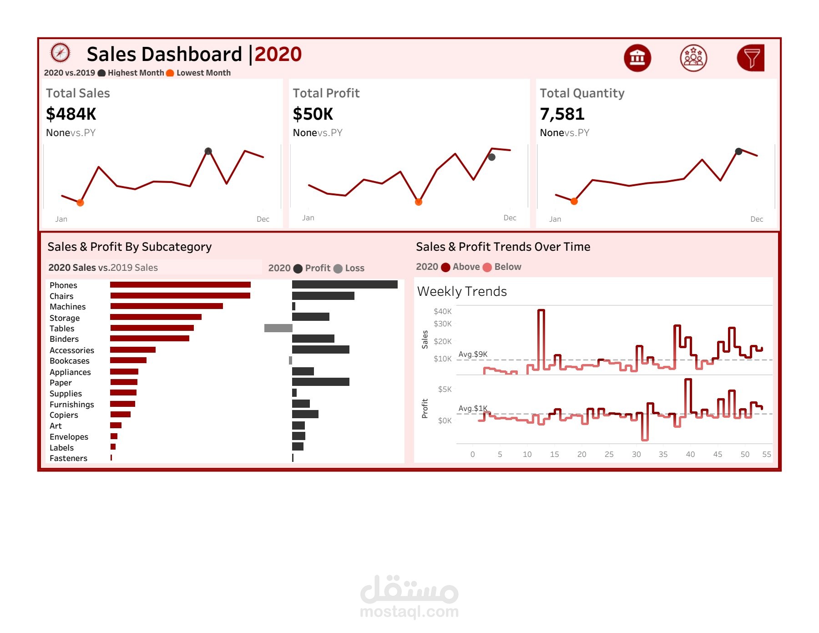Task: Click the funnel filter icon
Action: [x=751, y=58]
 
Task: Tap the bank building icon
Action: [x=637, y=58]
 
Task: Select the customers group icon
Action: [x=693, y=58]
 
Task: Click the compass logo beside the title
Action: [x=60, y=53]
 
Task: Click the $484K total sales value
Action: [x=71, y=114]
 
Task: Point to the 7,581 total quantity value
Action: [x=562, y=114]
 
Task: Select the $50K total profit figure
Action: [x=313, y=114]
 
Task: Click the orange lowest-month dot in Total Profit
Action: [x=419, y=202]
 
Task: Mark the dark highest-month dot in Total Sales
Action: [x=208, y=151]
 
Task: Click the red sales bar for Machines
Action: [x=167, y=306]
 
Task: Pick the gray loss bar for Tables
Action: [x=278, y=328]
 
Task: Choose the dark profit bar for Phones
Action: [x=344, y=284]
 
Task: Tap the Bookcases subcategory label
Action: [x=70, y=361]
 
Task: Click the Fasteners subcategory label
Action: [x=68, y=458]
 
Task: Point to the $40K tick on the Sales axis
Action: [x=442, y=311]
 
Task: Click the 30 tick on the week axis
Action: [x=636, y=454]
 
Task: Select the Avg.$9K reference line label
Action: [x=473, y=354]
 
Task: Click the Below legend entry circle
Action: [x=487, y=267]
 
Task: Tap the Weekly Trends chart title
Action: [x=462, y=291]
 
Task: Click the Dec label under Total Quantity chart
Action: [x=757, y=219]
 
